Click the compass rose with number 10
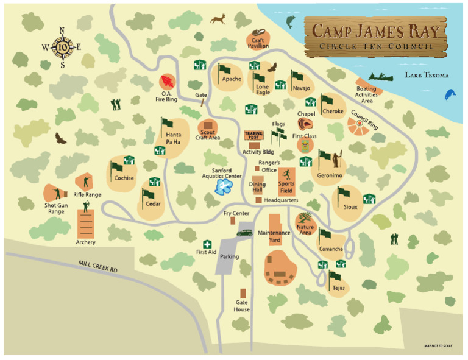[x=63, y=46]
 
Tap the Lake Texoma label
[x=426, y=76]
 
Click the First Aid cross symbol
[x=207, y=244]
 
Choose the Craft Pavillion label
[x=258, y=42]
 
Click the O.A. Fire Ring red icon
[x=167, y=82]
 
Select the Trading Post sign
[x=252, y=136]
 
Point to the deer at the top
[x=218, y=19]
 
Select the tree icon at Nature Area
[x=305, y=217]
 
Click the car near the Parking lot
[x=245, y=232]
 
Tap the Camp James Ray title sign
[x=373, y=35]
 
